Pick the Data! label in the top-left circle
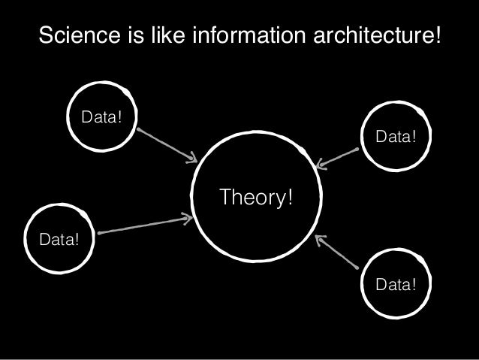102,118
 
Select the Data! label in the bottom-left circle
60,241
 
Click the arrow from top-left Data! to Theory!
167,144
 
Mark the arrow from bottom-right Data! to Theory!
336,252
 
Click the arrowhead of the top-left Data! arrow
192,158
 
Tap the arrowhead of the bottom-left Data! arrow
189,219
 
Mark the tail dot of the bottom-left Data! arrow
100,232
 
